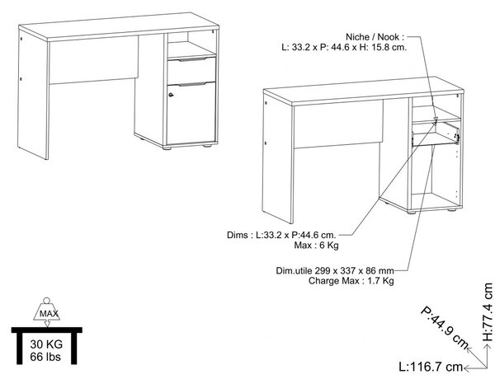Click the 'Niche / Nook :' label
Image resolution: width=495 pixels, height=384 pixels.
point(375,37)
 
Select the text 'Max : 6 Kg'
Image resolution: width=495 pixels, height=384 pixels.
point(316,245)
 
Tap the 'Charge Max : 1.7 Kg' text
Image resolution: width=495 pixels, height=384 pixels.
point(351,281)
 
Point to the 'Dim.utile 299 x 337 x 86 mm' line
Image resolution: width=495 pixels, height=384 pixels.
point(335,270)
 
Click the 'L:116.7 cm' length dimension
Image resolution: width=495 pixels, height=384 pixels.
point(431,367)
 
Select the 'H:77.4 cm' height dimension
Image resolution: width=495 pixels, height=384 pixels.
point(488,312)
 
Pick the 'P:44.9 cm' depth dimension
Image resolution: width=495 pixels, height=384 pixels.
point(445,327)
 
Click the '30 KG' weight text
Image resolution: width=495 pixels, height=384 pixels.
point(46,344)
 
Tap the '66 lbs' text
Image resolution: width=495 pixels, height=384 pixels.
point(45,357)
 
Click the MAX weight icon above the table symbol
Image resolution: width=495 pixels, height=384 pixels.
point(47,312)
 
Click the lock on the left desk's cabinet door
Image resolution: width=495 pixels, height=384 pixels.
point(171,95)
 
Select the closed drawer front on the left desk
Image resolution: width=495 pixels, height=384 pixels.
point(191,71)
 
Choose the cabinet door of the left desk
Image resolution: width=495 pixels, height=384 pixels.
point(191,113)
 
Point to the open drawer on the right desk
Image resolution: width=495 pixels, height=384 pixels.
point(436,134)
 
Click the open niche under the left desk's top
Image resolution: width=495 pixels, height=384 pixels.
point(191,44)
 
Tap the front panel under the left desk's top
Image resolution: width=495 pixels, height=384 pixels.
point(93,60)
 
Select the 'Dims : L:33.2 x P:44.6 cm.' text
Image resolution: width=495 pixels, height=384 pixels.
point(281,235)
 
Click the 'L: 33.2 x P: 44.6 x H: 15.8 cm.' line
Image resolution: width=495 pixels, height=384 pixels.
point(344,47)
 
